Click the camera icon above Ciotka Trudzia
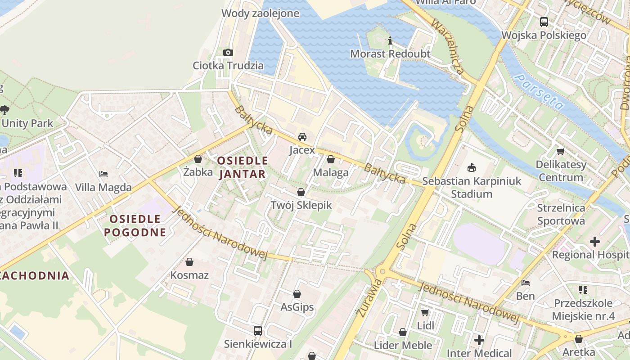pyautogui.click(x=228, y=52)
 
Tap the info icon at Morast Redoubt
pyautogui.click(x=390, y=41)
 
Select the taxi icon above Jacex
pyautogui.click(x=302, y=136)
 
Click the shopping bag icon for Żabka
pyautogui.click(x=198, y=159)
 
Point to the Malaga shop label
pyautogui.click(x=331, y=172)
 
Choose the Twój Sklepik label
pyautogui.click(x=301, y=205)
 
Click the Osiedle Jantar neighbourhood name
pyautogui.click(x=243, y=167)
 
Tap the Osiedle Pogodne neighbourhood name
pyautogui.click(x=135, y=226)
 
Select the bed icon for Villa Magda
pyautogui.click(x=103, y=174)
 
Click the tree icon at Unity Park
pyautogui.click(x=4, y=110)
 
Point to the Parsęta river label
pyautogui.click(x=539, y=92)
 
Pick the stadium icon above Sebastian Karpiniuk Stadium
pyautogui.click(x=472, y=168)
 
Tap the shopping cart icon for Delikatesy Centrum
pyautogui.click(x=561, y=151)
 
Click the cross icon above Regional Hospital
pyautogui.click(x=595, y=242)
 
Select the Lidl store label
pyautogui.click(x=426, y=325)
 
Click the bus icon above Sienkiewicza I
pyautogui.click(x=258, y=331)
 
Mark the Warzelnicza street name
pyautogui.click(x=447, y=46)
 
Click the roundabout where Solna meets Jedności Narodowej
pyautogui.click(x=382, y=271)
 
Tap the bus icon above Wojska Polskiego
pyautogui.click(x=544, y=22)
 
